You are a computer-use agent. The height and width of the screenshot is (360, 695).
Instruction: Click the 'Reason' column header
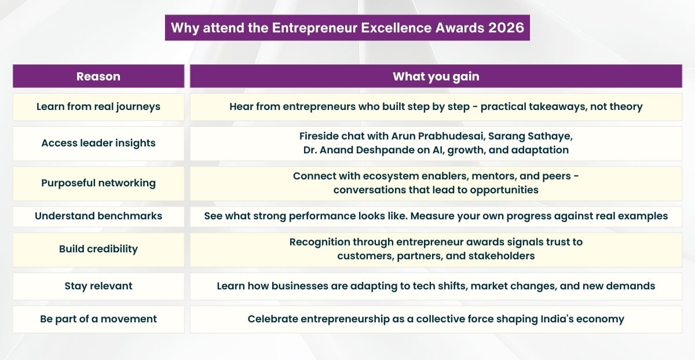[x=98, y=76]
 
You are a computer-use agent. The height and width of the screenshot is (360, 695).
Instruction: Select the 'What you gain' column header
[x=436, y=76]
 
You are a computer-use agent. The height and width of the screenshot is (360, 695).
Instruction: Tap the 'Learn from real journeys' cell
[x=98, y=107]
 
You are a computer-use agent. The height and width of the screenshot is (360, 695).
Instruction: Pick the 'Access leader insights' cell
[x=98, y=144]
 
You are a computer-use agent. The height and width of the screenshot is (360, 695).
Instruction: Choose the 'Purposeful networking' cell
[x=98, y=183]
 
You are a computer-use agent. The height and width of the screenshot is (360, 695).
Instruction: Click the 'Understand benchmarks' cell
[x=98, y=216]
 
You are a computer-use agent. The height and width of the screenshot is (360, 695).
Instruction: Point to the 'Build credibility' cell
[x=98, y=249]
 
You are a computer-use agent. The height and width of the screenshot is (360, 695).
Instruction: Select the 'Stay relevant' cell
[x=98, y=286]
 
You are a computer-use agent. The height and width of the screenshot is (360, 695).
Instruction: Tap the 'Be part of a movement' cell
[x=98, y=319]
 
